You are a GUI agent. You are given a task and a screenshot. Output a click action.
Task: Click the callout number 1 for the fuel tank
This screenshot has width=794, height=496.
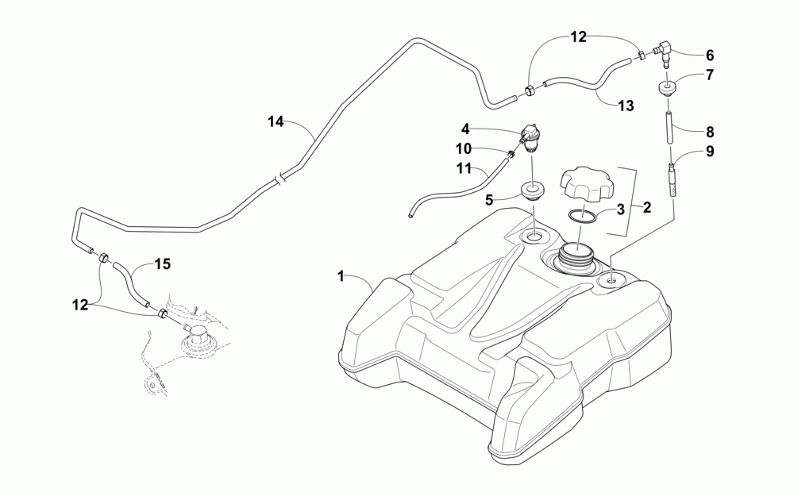[x=341, y=276]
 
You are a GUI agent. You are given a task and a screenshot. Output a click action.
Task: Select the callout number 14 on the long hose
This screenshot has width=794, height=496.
[x=276, y=121]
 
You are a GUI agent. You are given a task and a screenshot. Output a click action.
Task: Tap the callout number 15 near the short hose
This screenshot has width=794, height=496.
[x=162, y=264]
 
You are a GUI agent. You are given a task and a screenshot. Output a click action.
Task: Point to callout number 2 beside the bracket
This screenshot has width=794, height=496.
[x=646, y=208]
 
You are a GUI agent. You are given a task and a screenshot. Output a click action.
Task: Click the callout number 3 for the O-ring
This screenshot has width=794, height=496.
[x=620, y=210]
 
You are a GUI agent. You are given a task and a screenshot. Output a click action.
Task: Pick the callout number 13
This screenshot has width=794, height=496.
[x=626, y=105]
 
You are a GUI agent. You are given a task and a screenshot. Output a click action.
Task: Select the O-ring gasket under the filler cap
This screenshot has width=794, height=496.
[x=584, y=214]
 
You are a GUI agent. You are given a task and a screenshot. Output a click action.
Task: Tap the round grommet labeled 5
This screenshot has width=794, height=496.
[x=532, y=191]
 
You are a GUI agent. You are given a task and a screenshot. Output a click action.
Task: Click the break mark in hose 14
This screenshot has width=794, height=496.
[x=276, y=181]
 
